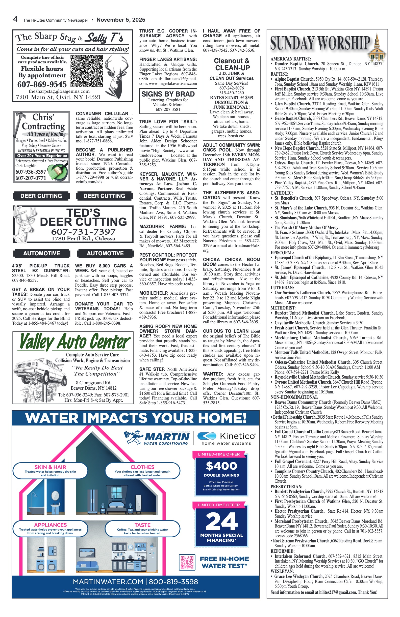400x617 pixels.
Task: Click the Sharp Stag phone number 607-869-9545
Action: click(x=42, y=84)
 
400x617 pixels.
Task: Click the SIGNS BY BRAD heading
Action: click(x=168, y=94)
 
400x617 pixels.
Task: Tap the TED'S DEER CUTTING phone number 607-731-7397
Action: click(x=83, y=232)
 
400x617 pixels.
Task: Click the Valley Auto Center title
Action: click(x=75, y=342)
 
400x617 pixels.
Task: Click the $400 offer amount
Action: click(x=221, y=466)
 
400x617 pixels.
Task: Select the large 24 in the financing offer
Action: click(x=221, y=521)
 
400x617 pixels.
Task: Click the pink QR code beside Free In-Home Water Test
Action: click(x=187, y=562)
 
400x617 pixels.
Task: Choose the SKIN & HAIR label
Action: click(x=50, y=467)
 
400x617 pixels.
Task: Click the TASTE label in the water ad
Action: click(x=142, y=525)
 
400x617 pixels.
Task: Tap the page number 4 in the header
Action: click(x=15, y=19)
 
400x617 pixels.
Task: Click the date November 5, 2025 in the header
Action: click(x=121, y=20)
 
